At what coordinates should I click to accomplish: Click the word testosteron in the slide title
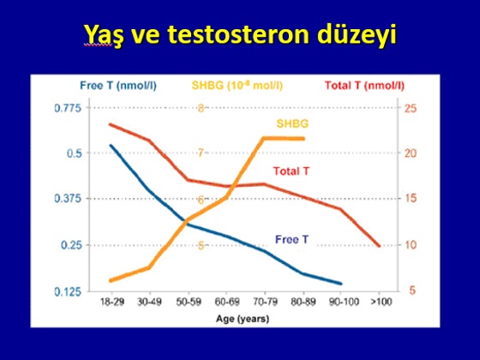238,34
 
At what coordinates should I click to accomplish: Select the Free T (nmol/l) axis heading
118,86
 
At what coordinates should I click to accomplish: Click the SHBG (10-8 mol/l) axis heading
237,85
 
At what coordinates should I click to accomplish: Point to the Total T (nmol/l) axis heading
364,86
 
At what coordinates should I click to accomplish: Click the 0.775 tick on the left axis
68,108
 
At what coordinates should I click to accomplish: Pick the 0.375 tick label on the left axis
68,198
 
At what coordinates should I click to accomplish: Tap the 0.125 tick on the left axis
68,291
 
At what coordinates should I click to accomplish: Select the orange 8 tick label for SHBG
201,108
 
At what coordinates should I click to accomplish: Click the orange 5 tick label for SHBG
201,245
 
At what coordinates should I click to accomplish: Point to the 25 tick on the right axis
411,108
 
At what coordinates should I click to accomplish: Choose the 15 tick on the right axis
411,198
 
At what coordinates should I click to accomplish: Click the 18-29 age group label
112,302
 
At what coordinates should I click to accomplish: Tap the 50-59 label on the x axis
189,302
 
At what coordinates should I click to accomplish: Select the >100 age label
381,302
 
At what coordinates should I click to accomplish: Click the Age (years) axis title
243,319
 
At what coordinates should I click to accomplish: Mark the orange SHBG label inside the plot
292,123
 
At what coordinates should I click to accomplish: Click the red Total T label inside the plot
291,171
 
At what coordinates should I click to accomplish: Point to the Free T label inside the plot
291,239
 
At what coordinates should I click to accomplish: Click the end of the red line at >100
380,246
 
